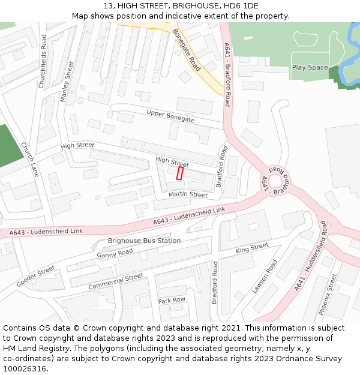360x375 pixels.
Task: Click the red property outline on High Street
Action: [179, 173]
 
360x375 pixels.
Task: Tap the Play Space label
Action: [310, 67]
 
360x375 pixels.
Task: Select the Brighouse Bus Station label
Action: [144, 241]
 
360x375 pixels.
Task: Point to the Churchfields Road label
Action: [42, 61]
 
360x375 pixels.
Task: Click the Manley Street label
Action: [67, 81]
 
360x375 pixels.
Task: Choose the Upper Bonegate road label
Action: [170, 116]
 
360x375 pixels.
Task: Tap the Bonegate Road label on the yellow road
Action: [186, 50]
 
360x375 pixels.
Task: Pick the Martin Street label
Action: [188, 195]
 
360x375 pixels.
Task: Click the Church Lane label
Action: [29, 159]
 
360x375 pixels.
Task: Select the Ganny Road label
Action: [115, 253]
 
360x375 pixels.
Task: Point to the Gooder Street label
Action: [36, 276]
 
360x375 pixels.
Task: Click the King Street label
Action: [252, 248]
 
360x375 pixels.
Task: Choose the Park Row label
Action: [172, 299]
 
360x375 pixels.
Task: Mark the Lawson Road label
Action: [265, 276]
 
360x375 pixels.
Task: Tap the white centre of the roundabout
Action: [276, 181]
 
